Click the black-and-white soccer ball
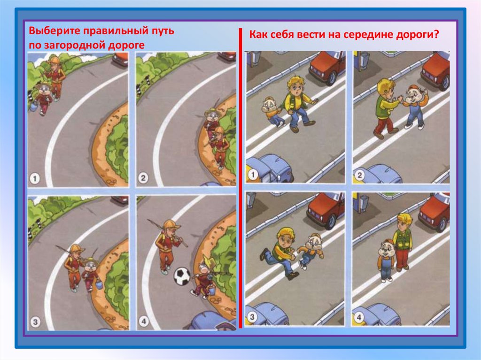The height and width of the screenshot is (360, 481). (x=182, y=276)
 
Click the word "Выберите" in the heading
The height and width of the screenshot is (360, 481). (x=54, y=31)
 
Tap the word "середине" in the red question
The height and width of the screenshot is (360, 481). (x=363, y=34)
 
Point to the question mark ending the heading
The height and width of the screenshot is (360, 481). (x=436, y=34)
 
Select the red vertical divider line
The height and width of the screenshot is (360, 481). (x=240, y=178)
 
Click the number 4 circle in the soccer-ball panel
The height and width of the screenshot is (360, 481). (x=143, y=322)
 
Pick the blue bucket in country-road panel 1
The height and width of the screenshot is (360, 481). (x=33, y=107)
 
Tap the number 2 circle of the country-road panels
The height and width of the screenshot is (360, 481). (x=143, y=178)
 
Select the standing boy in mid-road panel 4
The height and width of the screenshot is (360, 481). (x=403, y=242)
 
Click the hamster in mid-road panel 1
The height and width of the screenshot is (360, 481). (x=274, y=111)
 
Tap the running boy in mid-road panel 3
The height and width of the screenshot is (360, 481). (x=281, y=253)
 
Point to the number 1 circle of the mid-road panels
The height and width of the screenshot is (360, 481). (x=252, y=175)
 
